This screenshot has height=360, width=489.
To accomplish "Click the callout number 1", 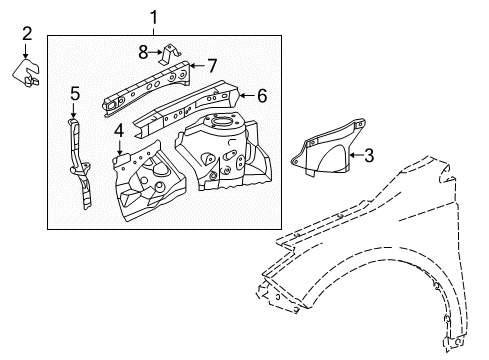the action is coord(153,17).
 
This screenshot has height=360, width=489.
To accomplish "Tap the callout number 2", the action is coord(27,34).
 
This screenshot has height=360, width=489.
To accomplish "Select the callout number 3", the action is coord(369,155).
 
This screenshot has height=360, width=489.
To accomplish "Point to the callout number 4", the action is coord(119,130).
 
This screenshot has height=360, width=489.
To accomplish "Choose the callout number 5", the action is coord(75,93).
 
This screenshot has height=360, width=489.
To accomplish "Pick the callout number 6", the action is coord(262,96).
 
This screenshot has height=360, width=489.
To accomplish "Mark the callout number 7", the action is coord(212,66).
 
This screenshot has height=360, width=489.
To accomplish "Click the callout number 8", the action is coord(143,52).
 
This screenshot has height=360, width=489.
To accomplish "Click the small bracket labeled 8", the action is coord(170,54).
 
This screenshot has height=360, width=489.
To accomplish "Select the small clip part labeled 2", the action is coord(26,73).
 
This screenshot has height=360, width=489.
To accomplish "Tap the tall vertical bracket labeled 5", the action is coord(79,163).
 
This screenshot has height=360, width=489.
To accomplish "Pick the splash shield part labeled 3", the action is coord(328,147).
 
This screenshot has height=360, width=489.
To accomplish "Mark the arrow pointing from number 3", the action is coord(356,155).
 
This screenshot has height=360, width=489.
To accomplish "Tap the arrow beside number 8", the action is coord(156,52).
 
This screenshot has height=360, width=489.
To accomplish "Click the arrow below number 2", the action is coord(26,51).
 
